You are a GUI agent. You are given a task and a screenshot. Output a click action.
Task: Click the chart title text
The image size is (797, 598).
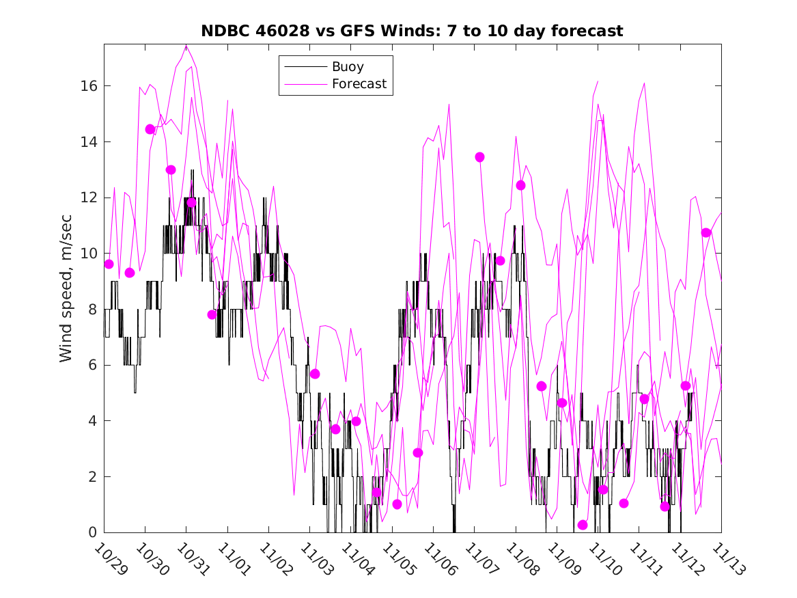pos(412,31)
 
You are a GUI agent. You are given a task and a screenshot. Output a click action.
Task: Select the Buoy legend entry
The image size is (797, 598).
pos(348,67)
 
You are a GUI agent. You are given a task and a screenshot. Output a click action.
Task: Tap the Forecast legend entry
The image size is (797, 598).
pos(359,84)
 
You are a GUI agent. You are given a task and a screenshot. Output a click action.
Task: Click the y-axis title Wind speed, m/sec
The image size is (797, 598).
pos(66,288)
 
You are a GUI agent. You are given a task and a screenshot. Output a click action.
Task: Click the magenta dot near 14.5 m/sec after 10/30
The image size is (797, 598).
pos(150,129)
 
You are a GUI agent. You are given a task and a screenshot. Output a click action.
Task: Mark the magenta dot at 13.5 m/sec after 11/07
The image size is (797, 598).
pos(479,157)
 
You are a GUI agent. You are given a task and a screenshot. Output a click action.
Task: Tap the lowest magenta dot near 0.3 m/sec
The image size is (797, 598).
pos(583,525)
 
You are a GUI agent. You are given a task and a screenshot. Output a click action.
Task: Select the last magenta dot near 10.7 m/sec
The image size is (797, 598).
pos(706,233)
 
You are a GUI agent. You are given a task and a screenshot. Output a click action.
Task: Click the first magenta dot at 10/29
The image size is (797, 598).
pos(109,264)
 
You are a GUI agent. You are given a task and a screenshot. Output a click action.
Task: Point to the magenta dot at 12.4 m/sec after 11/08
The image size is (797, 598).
pos(520,185)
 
